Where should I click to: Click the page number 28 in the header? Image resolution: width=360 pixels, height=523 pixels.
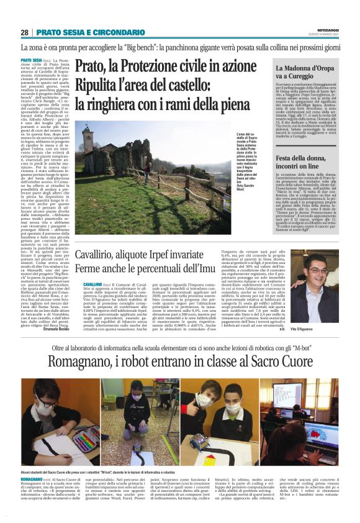click(25, 32)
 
